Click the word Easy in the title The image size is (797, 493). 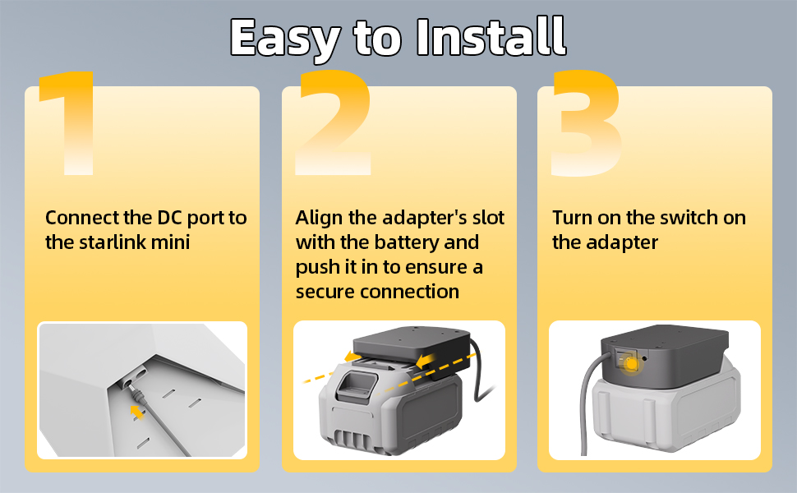(285, 39)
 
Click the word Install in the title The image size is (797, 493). (491, 36)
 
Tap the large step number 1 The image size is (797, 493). (69, 123)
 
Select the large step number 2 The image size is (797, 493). (334, 122)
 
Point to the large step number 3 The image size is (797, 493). (587, 123)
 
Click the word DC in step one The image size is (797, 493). (169, 218)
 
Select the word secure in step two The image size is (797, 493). (325, 293)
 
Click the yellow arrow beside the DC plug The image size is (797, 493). (137, 412)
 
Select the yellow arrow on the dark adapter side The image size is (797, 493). (426, 361)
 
